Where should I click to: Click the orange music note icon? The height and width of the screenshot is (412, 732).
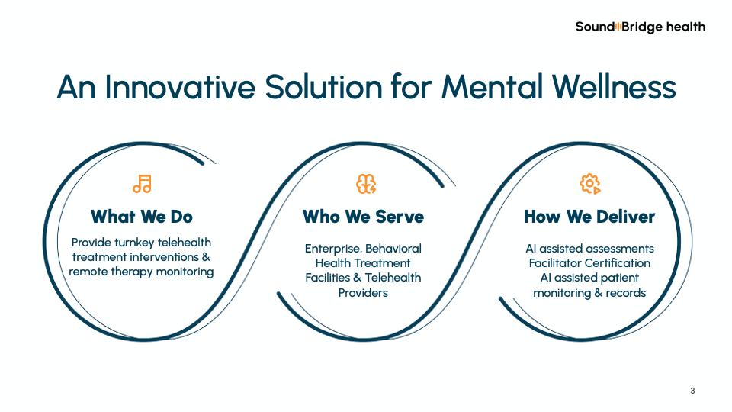tap(142, 184)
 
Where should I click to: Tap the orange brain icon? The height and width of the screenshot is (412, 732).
tap(367, 184)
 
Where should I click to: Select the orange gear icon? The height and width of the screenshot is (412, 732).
tap(590, 184)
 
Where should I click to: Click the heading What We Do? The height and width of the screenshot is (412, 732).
tap(141, 217)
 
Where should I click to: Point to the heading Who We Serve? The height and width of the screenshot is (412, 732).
tap(363, 217)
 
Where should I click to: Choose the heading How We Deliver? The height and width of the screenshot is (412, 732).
tap(589, 217)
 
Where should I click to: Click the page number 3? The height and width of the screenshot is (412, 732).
tap(692, 391)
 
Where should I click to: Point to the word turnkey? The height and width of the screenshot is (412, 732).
tap(139, 243)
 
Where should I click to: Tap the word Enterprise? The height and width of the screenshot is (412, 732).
tap(332, 249)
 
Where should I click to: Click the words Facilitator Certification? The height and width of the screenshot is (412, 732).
tap(589, 263)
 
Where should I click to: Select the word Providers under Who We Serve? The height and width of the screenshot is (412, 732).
tap(363, 293)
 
